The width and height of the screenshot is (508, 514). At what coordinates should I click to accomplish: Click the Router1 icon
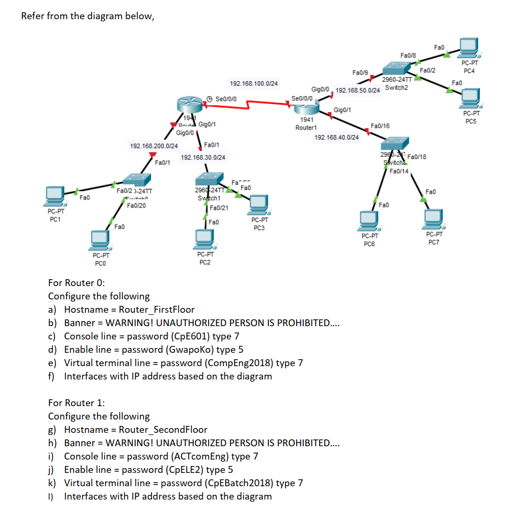(306, 108)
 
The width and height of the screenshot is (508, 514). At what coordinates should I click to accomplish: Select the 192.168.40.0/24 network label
(337, 138)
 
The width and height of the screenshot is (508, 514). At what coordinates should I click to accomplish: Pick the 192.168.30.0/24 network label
(203, 157)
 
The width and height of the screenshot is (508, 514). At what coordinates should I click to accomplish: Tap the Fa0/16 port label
(379, 126)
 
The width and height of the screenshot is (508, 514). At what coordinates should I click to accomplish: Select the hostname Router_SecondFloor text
(163, 430)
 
